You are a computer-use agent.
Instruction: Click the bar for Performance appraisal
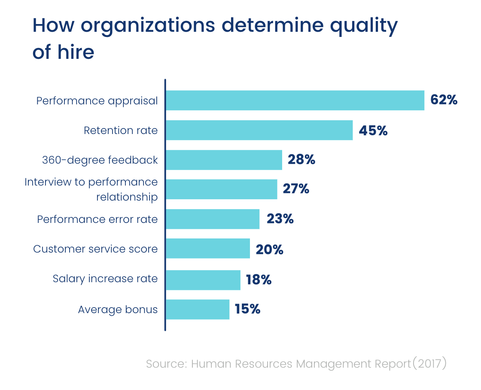point(295,101)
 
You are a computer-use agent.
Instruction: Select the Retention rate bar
point(259,130)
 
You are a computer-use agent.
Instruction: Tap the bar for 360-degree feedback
point(223,160)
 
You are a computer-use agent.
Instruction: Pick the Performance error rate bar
point(213,219)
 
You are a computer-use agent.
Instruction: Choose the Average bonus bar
point(197,309)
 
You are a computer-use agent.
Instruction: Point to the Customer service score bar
point(208,249)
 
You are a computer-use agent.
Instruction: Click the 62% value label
point(444,101)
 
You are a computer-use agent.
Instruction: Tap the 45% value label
point(373,131)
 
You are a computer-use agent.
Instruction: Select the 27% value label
point(296,189)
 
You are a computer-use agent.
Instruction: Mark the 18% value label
point(259,280)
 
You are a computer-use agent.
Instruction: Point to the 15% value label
point(247,309)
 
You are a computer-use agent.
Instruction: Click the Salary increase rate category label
point(105,279)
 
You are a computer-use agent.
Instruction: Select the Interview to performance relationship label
point(91,189)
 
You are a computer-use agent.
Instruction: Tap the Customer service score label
point(95,249)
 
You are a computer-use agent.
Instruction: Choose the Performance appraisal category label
point(97,101)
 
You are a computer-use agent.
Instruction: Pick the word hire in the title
point(76,52)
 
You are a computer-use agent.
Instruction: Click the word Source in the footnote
point(165,364)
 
